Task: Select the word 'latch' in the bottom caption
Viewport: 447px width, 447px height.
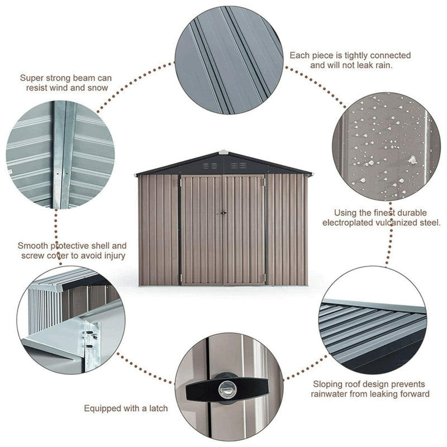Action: (x=156, y=408)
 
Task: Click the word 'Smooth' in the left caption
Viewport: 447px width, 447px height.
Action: (x=32, y=245)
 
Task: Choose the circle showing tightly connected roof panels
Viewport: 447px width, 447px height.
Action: (x=228, y=60)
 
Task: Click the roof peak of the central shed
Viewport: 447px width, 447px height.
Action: (x=223, y=151)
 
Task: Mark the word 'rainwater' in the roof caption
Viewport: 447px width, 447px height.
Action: (x=333, y=394)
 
